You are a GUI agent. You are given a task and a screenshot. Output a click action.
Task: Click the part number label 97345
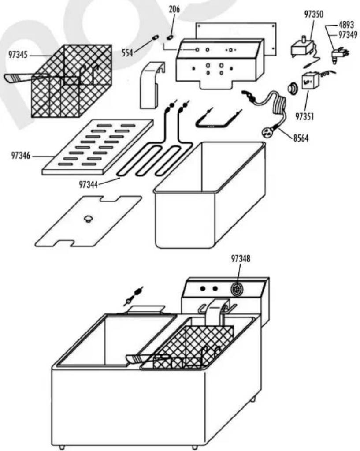(x=18, y=55)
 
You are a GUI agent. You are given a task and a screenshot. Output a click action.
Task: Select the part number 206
(x=174, y=10)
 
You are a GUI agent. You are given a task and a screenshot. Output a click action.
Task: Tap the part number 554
(x=127, y=53)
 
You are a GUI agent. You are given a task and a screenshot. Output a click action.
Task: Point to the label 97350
(x=314, y=15)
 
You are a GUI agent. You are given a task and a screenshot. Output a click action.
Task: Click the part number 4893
(x=346, y=25)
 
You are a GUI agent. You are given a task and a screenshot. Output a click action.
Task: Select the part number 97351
(x=305, y=116)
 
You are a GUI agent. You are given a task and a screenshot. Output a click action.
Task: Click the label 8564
(x=301, y=138)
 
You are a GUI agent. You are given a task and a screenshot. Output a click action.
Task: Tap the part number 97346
(x=21, y=156)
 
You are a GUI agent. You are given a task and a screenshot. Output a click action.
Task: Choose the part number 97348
(x=241, y=259)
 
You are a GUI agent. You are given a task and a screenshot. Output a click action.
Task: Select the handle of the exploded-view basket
(x=18, y=78)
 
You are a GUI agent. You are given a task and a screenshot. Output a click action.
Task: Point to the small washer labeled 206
(x=170, y=37)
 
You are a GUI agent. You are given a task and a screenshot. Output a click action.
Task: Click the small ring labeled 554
(x=155, y=37)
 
